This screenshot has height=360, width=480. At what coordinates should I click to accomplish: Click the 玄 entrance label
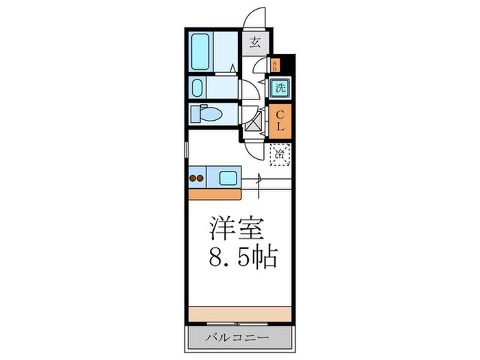pos(254,43)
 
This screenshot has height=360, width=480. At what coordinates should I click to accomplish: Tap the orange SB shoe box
pos(275,66)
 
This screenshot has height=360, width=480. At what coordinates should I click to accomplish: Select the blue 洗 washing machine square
pos(280,88)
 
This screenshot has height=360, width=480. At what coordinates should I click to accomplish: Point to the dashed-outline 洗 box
pos(279,155)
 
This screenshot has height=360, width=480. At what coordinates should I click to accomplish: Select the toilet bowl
pos(205,113)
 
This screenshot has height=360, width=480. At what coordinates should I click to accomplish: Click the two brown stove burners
pos(197,179)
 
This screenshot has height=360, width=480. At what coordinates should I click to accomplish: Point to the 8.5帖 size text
pos(243,259)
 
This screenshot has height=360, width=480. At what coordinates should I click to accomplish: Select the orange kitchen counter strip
pos(212,194)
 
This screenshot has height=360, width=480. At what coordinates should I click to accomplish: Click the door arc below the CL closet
pos(255,149)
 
